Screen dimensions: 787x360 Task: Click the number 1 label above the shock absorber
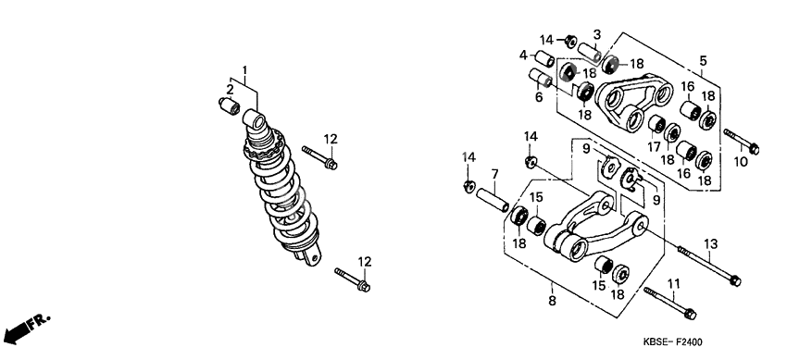point(245,69)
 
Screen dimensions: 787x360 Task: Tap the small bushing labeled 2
point(229,106)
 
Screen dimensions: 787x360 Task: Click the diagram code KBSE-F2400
point(672,342)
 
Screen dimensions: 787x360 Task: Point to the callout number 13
point(710,244)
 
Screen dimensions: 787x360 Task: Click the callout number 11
point(673,284)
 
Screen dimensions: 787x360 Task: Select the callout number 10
point(741,162)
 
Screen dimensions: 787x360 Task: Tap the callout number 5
point(703,61)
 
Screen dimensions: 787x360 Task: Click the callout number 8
point(552,302)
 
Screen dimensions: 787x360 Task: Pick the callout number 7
point(495,174)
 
